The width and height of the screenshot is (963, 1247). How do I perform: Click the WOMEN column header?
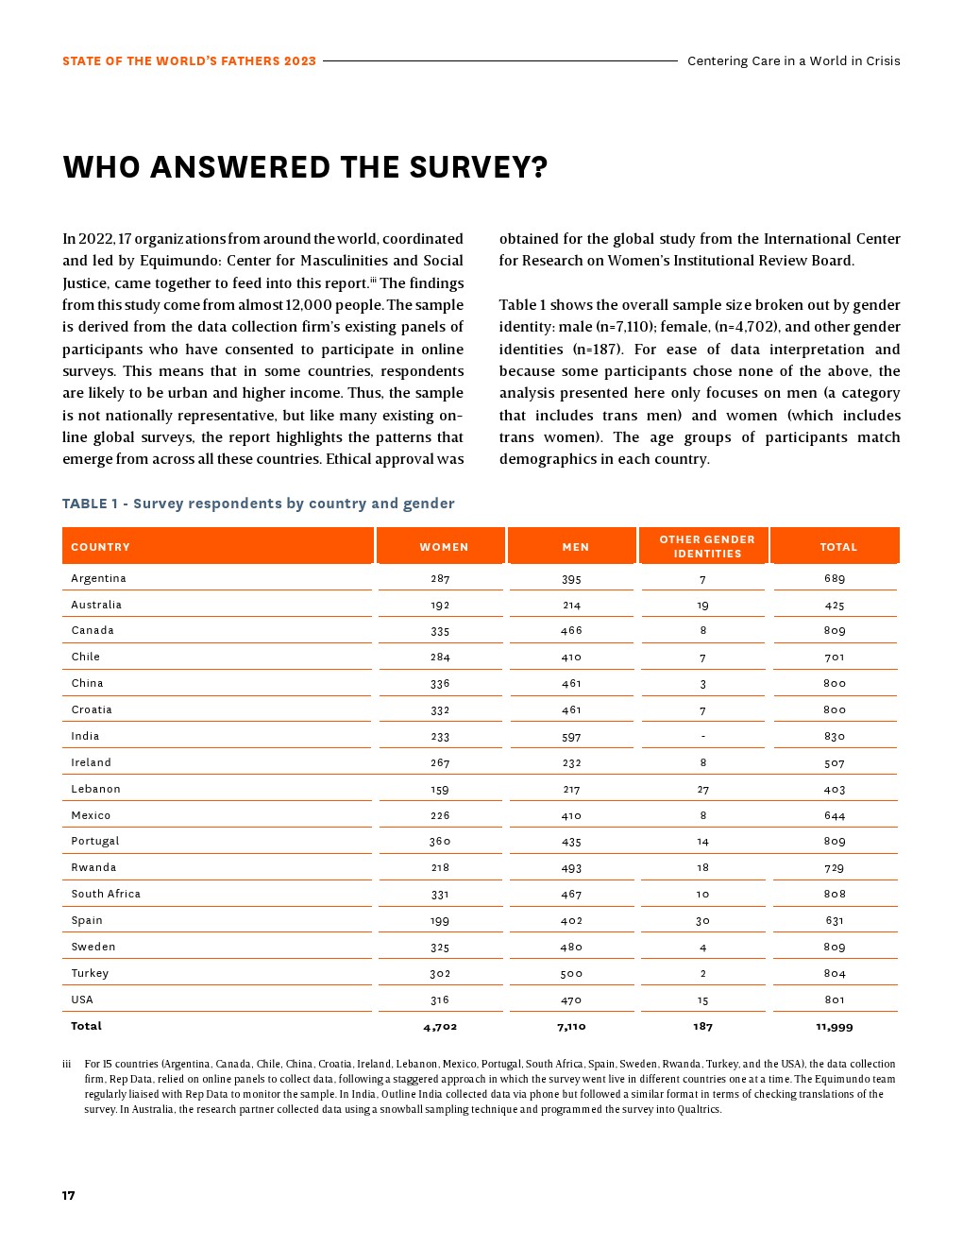tap(444, 547)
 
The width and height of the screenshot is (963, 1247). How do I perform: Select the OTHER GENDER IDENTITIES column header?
tap(707, 547)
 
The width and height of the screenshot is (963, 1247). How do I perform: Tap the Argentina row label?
tap(98, 578)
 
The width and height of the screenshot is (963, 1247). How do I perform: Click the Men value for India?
tap(571, 737)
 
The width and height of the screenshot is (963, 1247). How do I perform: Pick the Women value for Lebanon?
tap(440, 790)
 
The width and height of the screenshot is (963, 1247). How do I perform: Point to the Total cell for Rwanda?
tap(835, 868)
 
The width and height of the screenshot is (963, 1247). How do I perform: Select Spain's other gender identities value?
tap(702, 921)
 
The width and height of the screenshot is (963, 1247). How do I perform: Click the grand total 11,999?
tap(835, 1027)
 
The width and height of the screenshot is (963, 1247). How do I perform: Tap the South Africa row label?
tap(106, 894)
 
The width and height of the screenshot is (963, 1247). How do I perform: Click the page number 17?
tap(69, 1196)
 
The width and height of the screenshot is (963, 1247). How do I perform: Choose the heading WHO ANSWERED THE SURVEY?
tap(305, 167)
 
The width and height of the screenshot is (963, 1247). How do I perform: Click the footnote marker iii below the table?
tap(67, 1065)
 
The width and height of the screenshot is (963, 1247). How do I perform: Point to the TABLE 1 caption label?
tap(90, 504)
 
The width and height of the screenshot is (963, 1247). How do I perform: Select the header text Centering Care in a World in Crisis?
tap(793, 61)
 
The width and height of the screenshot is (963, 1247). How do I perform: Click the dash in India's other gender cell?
tap(703, 737)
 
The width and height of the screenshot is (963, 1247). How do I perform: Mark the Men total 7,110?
tap(571, 1027)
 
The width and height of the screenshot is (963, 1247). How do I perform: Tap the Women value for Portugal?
tap(440, 842)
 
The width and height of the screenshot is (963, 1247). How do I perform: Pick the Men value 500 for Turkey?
tap(571, 974)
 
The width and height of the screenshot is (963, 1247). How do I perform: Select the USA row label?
tap(82, 999)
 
